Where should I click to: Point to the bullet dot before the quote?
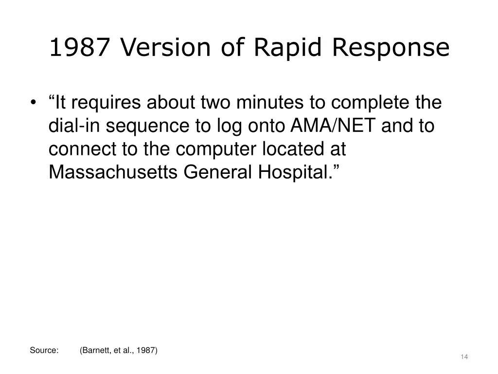coord(33,103)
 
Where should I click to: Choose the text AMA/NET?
coord(333,126)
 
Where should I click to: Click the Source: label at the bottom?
coord(44,350)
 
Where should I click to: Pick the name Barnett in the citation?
coord(96,350)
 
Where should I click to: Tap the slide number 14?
coord(464,357)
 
